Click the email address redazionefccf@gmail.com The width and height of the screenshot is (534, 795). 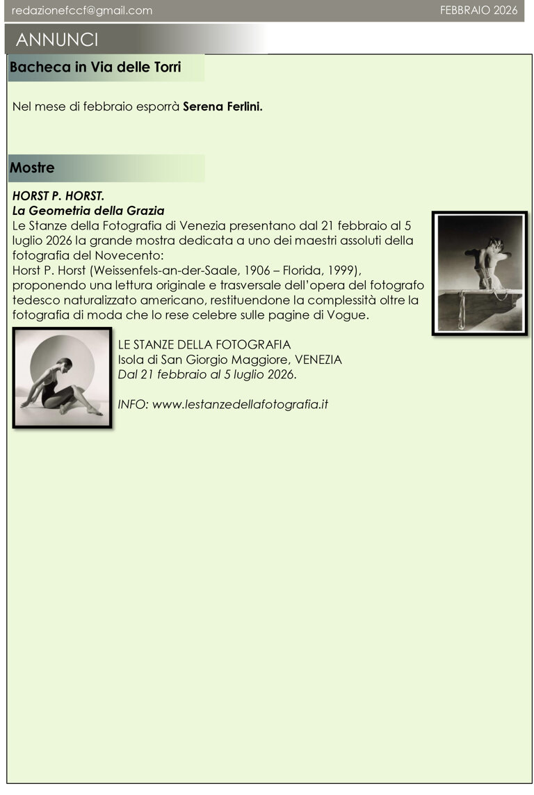point(82,10)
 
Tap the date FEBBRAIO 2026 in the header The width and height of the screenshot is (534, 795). point(479,10)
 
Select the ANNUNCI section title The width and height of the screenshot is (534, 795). point(57,39)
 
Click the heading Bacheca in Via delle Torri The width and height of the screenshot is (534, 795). point(95,67)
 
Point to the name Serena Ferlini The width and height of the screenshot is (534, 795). point(222,107)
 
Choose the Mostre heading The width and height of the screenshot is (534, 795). point(32,168)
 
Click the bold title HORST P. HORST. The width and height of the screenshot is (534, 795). point(58,197)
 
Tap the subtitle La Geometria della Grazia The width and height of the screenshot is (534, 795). point(88,210)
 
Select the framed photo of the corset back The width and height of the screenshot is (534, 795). point(479,273)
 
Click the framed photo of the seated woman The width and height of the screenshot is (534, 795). point(63,377)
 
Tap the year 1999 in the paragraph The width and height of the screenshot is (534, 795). point(342,270)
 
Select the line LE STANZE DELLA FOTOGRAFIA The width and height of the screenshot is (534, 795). point(204,344)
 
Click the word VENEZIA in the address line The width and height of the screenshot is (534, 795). point(318,360)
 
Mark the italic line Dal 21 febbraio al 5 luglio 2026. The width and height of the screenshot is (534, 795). point(207,374)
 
